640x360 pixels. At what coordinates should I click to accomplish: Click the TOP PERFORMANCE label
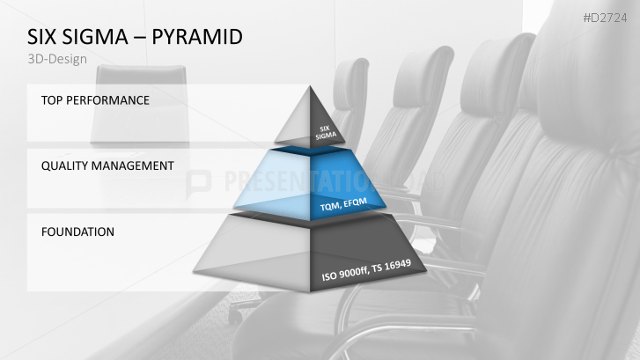click(95, 100)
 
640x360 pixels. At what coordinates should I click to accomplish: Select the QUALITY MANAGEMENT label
click(107, 165)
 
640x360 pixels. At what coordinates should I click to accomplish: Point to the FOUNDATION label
click(78, 232)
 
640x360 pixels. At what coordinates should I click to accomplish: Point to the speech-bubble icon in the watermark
click(201, 181)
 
